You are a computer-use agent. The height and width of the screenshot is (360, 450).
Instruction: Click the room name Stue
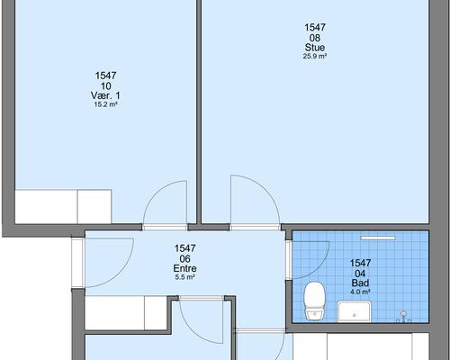point(315,48)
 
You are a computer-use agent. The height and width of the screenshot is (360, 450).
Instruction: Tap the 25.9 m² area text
point(315,56)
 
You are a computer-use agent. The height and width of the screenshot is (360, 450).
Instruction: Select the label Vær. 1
point(105,95)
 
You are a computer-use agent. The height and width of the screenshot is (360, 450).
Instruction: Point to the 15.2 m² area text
point(105,104)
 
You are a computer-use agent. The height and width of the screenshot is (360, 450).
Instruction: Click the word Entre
point(185,268)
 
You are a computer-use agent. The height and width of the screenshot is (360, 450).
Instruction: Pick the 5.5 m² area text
point(185,277)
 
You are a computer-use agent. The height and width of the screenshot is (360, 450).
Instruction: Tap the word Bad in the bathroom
point(360,283)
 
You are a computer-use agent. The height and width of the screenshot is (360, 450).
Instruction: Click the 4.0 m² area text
point(360,292)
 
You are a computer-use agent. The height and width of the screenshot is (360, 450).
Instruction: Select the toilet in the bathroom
point(314,301)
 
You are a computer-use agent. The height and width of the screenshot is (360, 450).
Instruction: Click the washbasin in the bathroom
point(355,311)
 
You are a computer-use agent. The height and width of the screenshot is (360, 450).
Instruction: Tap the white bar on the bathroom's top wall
point(378,238)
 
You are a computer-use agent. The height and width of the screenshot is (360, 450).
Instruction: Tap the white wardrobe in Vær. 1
point(63,206)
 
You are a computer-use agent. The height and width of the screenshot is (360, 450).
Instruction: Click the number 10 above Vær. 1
point(105,86)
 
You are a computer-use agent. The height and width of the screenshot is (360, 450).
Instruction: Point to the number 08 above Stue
point(315,38)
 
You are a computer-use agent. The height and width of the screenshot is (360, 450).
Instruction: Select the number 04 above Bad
point(360,274)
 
